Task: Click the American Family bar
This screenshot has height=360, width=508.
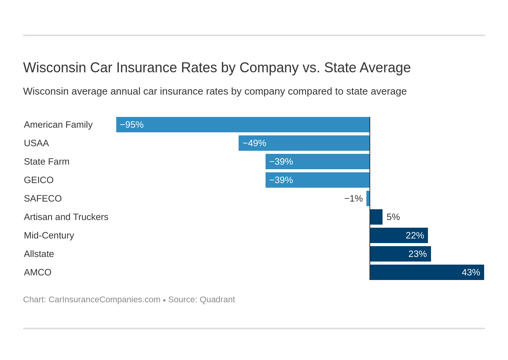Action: pyautogui.click(x=242, y=125)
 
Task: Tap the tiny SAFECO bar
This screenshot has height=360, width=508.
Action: pyautogui.click(x=368, y=198)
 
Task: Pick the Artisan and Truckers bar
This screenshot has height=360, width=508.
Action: pyautogui.click(x=376, y=217)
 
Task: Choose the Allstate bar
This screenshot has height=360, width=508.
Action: pyautogui.click(x=400, y=254)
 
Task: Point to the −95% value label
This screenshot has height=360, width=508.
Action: pyautogui.click(x=132, y=125)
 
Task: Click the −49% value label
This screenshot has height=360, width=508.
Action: pyautogui.click(x=254, y=143)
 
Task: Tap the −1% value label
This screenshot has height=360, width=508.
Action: pyautogui.click(x=353, y=198)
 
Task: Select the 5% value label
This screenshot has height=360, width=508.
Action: pyautogui.click(x=393, y=217)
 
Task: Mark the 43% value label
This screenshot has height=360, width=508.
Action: pyautogui.click(x=471, y=272)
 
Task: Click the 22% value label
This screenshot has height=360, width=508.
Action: pyautogui.click(x=414, y=235)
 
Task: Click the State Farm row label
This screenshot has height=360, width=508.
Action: pyautogui.click(x=47, y=162)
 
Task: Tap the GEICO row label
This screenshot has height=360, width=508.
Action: pyautogui.click(x=38, y=180)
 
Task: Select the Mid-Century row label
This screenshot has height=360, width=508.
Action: pyautogui.click(x=49, y=235)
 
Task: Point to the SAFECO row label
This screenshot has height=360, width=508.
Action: pyautogui.click(x=43, y=198)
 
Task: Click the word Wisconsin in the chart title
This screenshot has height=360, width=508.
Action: pyautogui.click(x=54, y=68)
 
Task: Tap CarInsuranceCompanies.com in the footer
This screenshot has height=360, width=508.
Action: pyautogui.click(x=104, y=300)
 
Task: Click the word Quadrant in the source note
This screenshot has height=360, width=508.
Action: pyautogui.click(x=217, y=300)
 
